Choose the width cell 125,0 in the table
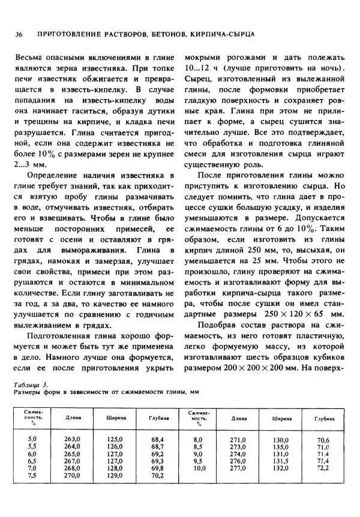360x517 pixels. (114, 440)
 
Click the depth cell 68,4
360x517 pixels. (158, 440)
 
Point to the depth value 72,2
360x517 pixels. (324, 468)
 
